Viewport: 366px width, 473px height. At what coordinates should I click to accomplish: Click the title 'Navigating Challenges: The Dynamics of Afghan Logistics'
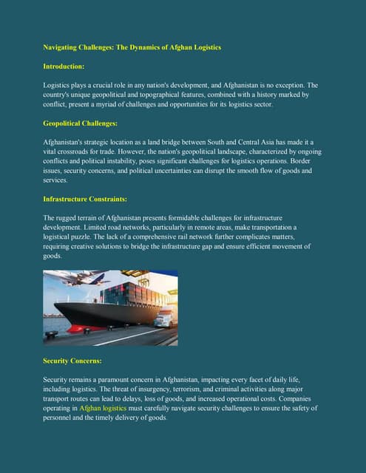[132, 47]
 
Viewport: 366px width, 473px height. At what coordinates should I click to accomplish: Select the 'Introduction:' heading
[64, 67]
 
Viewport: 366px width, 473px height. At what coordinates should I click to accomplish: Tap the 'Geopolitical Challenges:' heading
[80, 123]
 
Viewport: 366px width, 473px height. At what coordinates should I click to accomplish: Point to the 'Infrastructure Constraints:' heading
[85, 200]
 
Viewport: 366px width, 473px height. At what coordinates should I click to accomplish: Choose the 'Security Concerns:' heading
[72, 361]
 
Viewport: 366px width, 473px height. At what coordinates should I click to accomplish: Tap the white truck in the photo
[164, 319]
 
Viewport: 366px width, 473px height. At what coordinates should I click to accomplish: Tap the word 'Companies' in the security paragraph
[298, 398]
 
